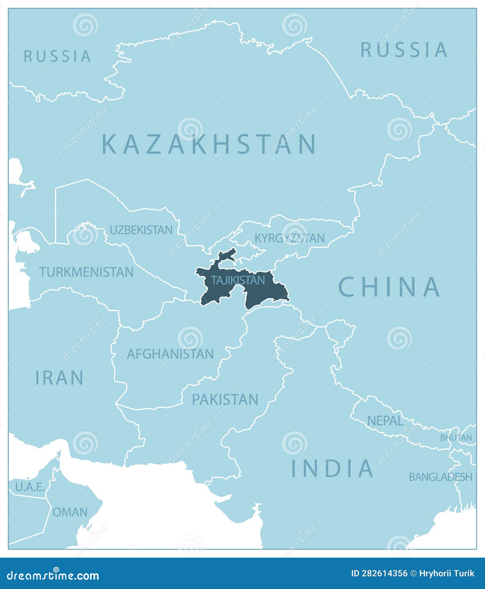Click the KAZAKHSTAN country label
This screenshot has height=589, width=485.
(209, 144)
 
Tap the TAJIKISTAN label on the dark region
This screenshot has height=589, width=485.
(238, 280)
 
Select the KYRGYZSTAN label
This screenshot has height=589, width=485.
(290, 238)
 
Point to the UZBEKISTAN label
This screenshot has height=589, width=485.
(141, 230)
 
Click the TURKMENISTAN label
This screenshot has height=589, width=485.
(86, 272)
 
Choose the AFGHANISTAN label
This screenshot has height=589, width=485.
(170, 354)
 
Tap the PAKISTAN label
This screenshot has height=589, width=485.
(225, 399)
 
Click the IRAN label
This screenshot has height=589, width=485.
(60, 378)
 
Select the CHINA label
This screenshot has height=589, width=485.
(389, 287)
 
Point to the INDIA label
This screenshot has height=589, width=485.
(333, 468)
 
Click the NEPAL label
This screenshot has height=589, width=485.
(385, 421)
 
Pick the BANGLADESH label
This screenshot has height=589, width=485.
(440, 477)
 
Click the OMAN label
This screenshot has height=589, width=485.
(70, 512)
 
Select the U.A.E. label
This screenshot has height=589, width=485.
(30, 487)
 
